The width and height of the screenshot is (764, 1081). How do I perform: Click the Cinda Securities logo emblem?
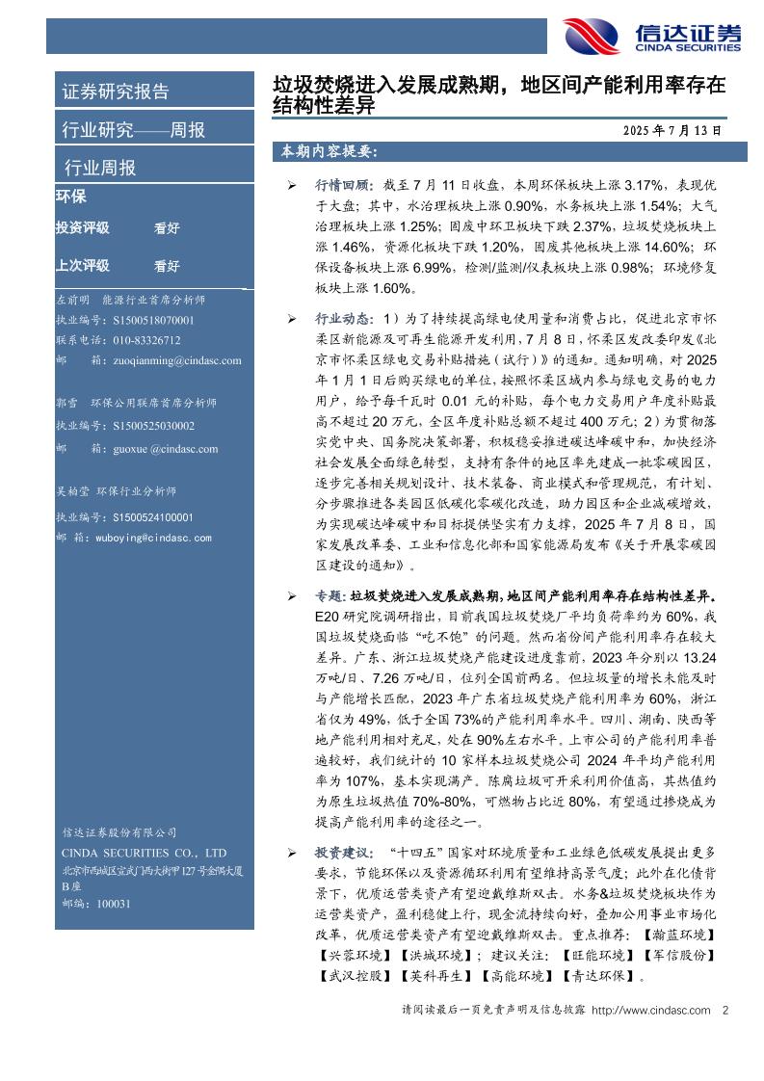point(591,37)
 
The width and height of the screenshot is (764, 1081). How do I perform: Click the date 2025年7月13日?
point(672,130)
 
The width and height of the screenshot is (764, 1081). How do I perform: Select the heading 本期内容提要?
point(328,152)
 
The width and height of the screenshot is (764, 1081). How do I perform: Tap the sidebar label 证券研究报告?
point(116,92)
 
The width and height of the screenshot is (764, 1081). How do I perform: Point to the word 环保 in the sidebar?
point(71,197)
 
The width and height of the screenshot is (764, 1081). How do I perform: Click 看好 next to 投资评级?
point(167,229)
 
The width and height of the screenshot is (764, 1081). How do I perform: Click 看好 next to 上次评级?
point(167,266)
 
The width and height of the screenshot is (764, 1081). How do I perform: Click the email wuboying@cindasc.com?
point(153,538)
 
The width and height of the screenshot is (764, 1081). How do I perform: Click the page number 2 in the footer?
point(724,1010)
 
